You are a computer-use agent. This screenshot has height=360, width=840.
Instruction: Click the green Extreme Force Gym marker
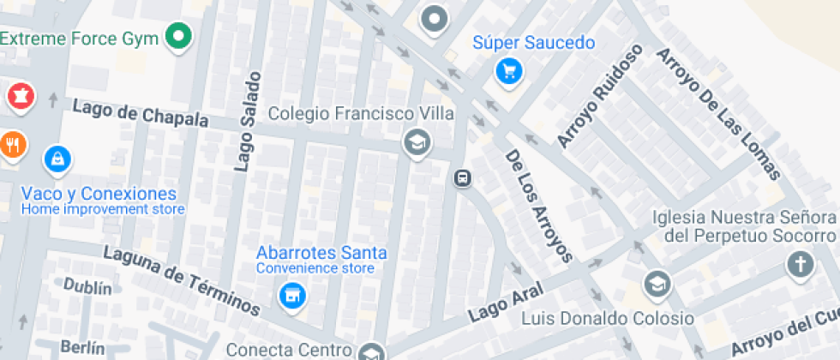179,37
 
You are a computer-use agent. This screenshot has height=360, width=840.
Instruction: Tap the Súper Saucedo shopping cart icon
510,71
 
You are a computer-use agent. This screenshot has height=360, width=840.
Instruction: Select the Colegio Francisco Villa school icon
417,142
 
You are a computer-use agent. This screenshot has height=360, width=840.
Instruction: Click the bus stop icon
462,178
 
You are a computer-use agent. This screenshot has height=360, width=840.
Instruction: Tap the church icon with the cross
800,265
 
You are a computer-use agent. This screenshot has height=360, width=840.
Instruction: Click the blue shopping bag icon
57,159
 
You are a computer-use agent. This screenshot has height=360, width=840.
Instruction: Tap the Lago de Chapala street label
141,114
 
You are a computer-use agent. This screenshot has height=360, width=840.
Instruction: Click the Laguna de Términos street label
182,279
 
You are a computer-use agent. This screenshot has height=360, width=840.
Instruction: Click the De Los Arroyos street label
538,206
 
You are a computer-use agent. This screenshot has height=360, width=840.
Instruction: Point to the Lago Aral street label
501,306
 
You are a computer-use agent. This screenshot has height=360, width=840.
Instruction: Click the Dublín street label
87,287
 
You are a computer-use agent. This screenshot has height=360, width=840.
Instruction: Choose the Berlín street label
82,348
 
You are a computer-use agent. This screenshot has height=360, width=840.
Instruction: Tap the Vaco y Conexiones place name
99,194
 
